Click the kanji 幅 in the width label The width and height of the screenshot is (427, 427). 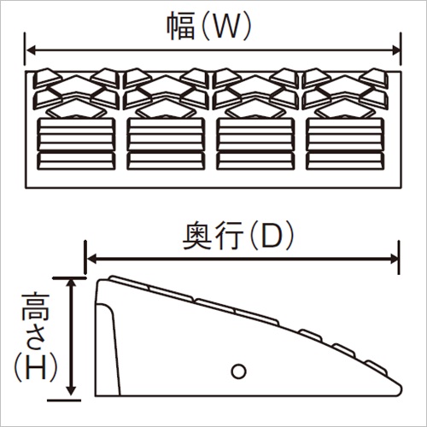click(180, 26)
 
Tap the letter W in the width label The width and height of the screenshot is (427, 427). click(225, 26)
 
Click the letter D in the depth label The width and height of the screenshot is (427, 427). click(272, 237)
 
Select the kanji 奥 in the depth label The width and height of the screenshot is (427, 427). click(196, 236)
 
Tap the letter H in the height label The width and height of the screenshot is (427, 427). click(36, 367)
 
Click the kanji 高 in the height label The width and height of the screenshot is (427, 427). click(36, 306)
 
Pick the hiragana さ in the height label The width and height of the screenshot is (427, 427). click(35, 336)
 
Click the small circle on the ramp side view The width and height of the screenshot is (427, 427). click(239, 371)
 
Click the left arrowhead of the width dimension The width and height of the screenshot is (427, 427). click(30, 50)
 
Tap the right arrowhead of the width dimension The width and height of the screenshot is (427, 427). click(396, 50)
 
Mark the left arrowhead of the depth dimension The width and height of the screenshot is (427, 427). click(91, 259)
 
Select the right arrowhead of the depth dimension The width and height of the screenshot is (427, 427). click(394, 259)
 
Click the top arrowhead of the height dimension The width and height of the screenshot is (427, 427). click(71, 284)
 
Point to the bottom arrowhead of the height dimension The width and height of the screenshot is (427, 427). click(71, 390)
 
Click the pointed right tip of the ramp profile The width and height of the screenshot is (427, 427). click(401, 389)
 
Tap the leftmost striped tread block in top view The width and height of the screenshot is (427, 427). click(76, 143)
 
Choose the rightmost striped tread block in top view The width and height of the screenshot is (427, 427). click(345, 143)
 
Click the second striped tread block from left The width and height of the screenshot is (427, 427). click(166, 143)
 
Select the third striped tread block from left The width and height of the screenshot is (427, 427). click(255, 143)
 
